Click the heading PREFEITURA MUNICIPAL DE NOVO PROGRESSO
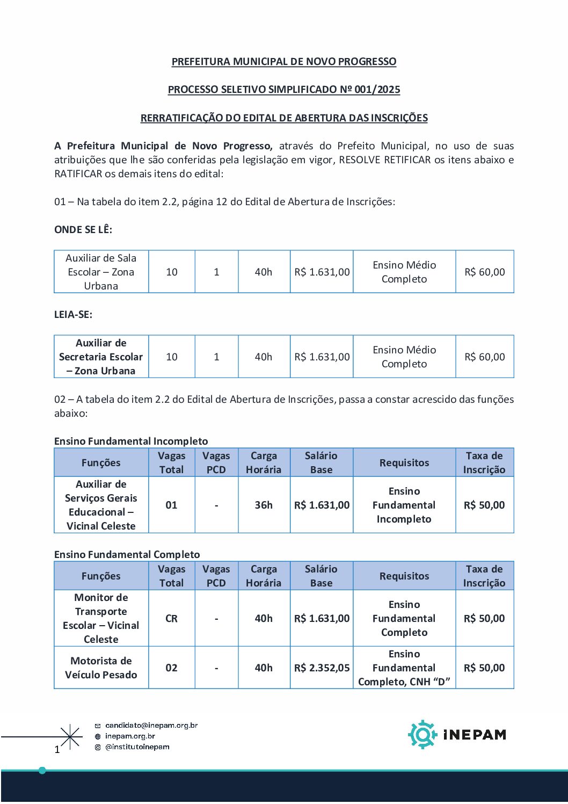283,62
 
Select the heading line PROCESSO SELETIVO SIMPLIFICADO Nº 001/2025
283,90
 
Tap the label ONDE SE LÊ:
83,230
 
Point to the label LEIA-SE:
73,315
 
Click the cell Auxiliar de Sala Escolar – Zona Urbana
101,272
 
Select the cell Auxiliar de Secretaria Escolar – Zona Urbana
101,357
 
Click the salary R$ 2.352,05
322,668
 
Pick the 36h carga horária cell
264,505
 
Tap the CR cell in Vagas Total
171,618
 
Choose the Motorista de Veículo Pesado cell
101,668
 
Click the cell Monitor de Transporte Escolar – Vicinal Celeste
101,618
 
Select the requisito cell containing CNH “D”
404,668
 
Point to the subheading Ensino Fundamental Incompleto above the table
131,441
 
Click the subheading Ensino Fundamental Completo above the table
127,554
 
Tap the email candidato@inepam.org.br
151,726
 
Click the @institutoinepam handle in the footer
137,747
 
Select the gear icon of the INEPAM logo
423,734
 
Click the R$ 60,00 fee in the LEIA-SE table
484,357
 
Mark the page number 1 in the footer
57,749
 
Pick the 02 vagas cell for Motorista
171,668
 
